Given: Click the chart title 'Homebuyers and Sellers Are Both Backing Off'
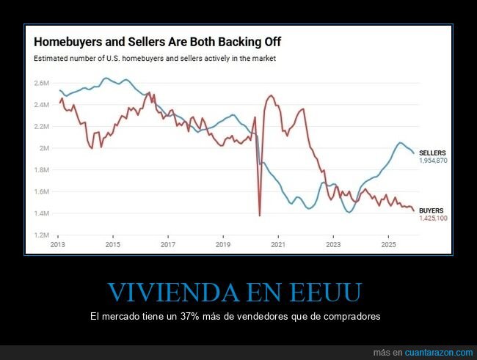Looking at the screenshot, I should click(x=158, y=42).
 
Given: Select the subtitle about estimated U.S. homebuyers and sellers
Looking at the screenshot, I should click(x=160, y=58).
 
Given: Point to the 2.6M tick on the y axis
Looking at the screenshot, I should click(x=41, y=83).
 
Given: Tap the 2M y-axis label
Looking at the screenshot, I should click(x=44, y=148).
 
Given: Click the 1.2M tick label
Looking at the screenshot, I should click(x=41, y=235).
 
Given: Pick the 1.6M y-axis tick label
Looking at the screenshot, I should click(x=41, y=192).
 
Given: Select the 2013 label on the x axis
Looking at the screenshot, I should click(x=58, y=244).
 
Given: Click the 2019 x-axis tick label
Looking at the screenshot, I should click(x=223, y=244).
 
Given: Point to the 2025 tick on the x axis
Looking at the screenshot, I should click(x=388, y=244).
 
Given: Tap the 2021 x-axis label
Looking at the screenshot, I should click(x=278, y=244).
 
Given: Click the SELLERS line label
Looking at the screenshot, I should click(x=432, y=153).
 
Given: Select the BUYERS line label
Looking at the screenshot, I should click(x=432, y=210).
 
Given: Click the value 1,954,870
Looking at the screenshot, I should click(x=434, y=160).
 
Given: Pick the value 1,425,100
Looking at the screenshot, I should click(x=434, y=218).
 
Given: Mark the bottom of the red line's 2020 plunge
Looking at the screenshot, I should click(x=260, y=215).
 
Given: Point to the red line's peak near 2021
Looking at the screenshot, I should click(x=271, y=95).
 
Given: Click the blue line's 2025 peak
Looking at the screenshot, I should click(x=400, y=142).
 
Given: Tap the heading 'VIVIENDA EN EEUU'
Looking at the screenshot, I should click(x=234, y=293).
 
